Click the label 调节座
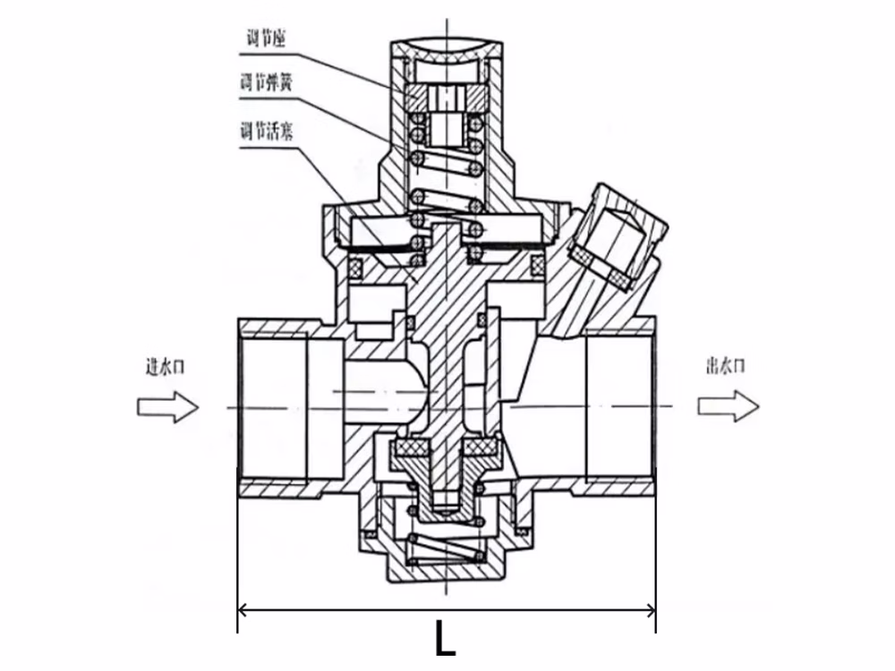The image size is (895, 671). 266,38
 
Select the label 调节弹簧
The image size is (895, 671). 266,83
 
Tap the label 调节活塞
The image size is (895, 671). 266,132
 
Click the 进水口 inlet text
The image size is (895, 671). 166,366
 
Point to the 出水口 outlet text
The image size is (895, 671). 726,366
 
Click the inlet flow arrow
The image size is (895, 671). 168,407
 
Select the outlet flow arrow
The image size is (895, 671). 729,406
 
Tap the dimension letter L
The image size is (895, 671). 446,639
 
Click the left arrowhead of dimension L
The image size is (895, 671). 243,610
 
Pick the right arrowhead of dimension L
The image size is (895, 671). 650,610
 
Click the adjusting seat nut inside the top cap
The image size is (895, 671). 447,98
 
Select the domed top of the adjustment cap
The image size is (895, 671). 447,48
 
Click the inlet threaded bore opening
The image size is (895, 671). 273,407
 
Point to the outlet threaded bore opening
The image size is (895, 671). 620,407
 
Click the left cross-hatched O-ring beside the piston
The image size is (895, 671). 357,266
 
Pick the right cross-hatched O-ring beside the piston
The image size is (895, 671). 538,264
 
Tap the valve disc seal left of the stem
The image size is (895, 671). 410,448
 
